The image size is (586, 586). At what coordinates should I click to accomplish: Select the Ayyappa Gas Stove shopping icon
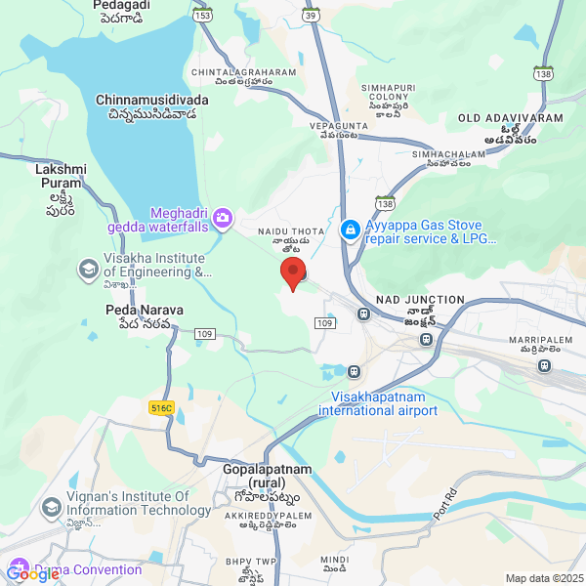350,230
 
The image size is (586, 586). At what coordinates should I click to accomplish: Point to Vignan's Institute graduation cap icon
51,508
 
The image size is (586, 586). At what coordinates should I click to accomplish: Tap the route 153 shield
202,15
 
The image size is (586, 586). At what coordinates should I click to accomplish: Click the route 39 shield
311,15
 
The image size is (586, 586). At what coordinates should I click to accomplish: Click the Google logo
32,574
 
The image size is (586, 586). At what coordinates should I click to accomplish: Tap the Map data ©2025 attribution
544,578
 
